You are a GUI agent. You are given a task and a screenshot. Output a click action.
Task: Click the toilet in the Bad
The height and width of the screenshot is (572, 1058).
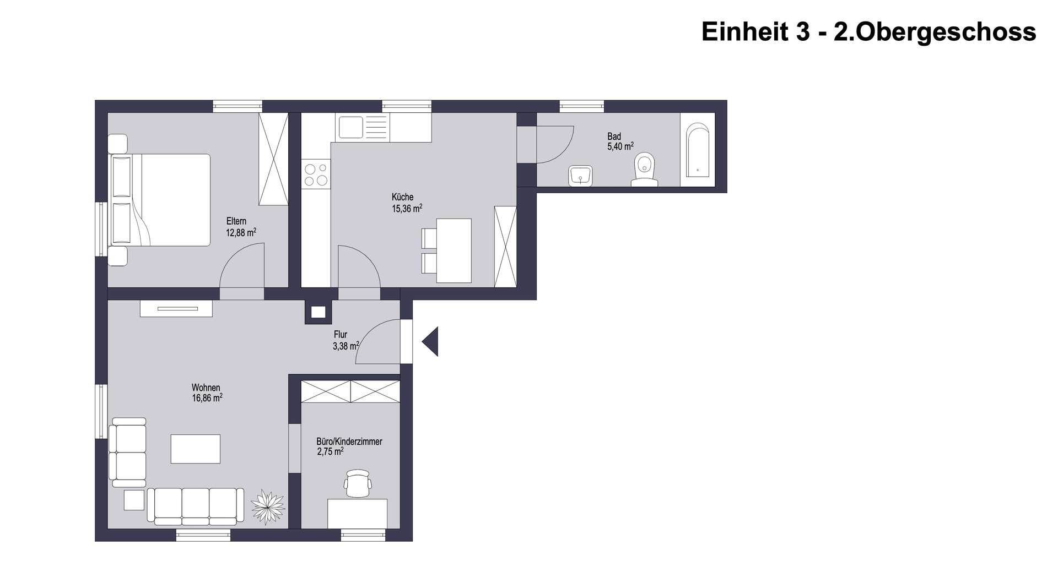[x=644, y=168]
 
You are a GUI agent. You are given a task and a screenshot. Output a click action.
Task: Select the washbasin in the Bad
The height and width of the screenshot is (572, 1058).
[x=580, y=176]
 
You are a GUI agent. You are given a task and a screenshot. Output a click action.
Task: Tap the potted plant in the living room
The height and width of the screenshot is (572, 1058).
[x=268, y=507]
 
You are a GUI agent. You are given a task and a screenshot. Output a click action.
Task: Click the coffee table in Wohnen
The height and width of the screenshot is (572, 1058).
[x=196, y=449]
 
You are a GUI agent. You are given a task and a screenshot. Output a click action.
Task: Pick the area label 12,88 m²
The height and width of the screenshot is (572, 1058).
[x=241, y=232]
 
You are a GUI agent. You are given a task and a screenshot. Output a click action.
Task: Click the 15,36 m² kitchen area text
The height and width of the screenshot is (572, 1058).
[x=407, y=208]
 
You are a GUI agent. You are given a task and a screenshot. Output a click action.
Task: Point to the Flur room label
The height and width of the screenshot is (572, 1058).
[x=341, y=335]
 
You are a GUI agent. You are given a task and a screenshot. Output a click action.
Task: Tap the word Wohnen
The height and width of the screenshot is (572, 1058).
[x=206, y=388]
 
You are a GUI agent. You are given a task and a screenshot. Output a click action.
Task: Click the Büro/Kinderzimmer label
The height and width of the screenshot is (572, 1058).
[x=349, y=442]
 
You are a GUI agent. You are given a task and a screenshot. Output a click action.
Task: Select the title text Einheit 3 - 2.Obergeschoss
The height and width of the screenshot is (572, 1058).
[x=868, y=32]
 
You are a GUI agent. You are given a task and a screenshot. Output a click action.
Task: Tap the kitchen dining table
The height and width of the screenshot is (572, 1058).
[x=454, y=250]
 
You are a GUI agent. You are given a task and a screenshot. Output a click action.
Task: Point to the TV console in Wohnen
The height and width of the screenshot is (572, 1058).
[x=176, y=308]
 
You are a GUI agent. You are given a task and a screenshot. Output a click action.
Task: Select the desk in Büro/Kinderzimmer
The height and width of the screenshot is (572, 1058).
[x=358, y=514]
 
